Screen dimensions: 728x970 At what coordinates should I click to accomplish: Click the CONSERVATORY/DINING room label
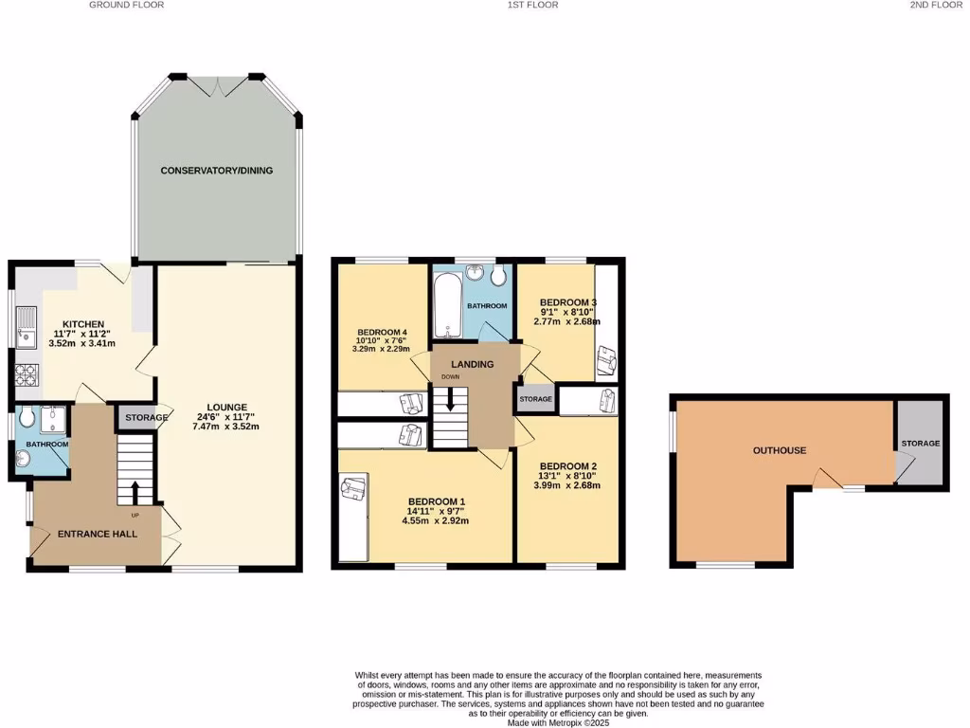click(216, 171)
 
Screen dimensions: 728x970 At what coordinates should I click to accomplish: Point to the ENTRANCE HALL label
click(98, 534)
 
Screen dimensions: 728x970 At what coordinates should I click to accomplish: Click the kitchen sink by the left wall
click(26, 327)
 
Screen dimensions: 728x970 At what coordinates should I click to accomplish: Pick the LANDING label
click(473, 364)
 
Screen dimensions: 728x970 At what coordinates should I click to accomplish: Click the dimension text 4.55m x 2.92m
click(436, 520)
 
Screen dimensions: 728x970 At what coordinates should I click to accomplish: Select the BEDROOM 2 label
click(567, 466)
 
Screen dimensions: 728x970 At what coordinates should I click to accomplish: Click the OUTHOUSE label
click(780, 450)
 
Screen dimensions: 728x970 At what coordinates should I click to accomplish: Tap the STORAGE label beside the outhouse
click(920, 443)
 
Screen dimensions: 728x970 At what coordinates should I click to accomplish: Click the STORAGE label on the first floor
click(535, 399)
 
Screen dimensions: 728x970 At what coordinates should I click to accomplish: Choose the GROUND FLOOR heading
click(127, 5)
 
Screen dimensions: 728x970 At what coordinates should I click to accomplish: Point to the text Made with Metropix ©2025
click(558, 722)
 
